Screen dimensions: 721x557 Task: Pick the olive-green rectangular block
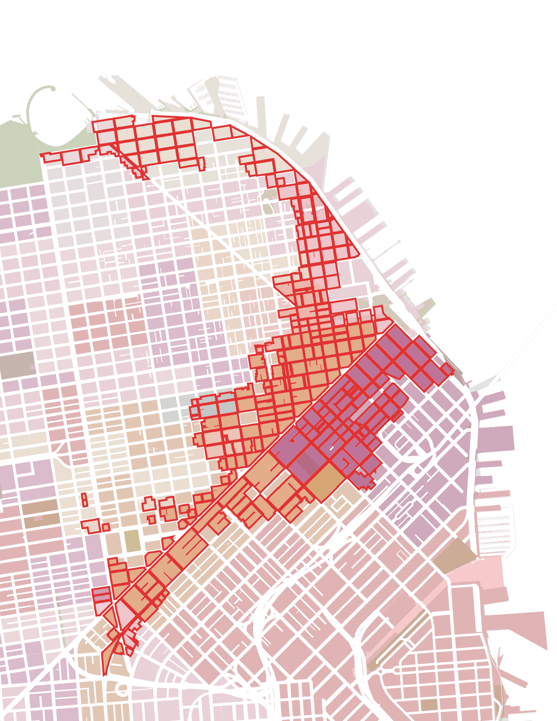(x=131, y=541)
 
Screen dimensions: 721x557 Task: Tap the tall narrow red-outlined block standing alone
(x=85, y=499)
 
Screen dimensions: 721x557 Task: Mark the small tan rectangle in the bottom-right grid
(x=429, y=704)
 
